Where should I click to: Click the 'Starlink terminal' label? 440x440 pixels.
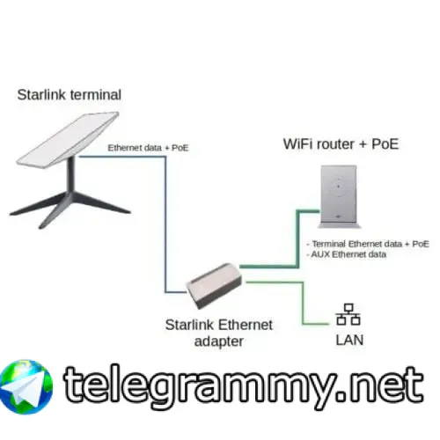[x=70, y=95]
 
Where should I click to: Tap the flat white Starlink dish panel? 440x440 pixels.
[x=68, y=139]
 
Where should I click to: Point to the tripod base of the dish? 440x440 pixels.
[x=70, y=208]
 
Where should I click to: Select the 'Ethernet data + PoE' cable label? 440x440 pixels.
[x=148, y=148]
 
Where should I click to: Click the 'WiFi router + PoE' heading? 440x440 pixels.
[x=341, y=144]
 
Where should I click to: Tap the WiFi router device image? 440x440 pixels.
[x=340, y=196]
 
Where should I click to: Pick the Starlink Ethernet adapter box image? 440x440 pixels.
[x=214, y=285]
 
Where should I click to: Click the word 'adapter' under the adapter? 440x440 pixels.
[x=219, y=341]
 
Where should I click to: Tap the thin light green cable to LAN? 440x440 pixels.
[x=303, y=304]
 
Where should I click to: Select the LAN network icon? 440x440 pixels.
[x=348, y=314]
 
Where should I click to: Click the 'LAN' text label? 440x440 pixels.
[x=349, y=340]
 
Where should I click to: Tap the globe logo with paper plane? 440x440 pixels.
[x=26, y=387]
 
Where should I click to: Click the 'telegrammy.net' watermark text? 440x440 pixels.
[x=244, y=385]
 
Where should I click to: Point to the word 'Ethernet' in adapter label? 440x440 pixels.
[x=246, y=325]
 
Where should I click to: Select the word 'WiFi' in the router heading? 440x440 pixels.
[x=298, y=144]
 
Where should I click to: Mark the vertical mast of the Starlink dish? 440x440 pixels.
[x=70, y=175]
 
